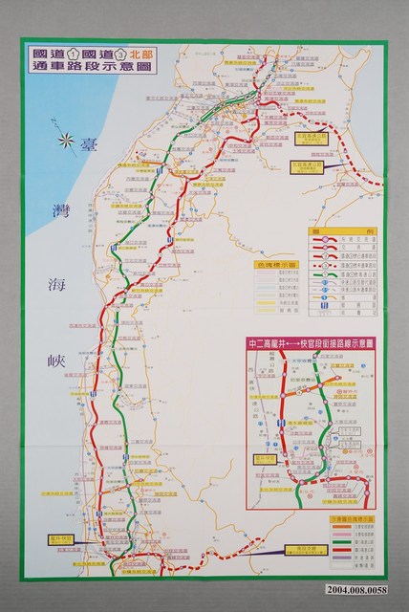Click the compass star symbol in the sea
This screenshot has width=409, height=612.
(x=68, y=143)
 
